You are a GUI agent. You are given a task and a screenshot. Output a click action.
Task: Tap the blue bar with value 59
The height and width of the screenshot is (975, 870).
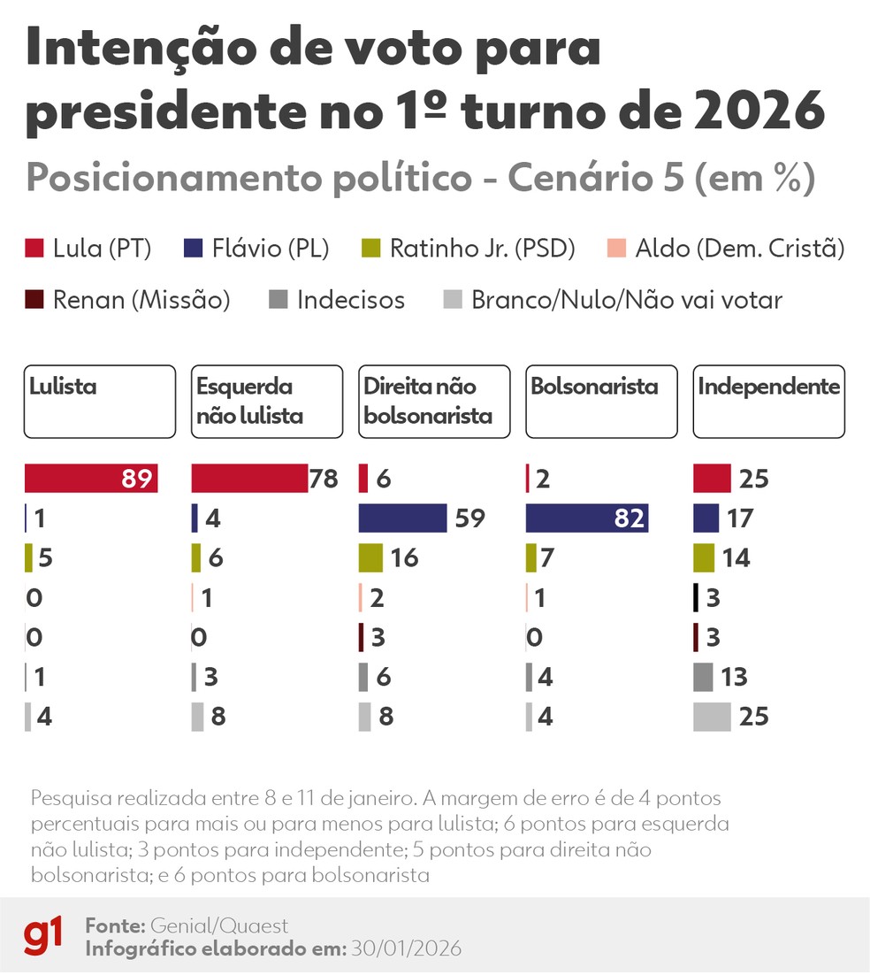click(x=402, y=518)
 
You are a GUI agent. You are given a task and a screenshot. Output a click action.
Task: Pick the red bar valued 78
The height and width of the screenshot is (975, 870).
click(x=248, y=479)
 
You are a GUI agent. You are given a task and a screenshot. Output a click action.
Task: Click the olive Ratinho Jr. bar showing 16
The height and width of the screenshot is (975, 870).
click(x=370, y=558)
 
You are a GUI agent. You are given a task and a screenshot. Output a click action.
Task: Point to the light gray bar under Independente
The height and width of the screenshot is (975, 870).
click(x=712, y=716)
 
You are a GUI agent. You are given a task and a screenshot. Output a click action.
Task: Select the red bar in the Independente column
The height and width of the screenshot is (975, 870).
click(x=712, y=479)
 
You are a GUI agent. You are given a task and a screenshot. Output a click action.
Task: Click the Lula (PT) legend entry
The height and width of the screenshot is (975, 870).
click(x=88, y=249)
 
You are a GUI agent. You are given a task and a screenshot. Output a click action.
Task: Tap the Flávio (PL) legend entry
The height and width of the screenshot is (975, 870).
click(x=256, y=249)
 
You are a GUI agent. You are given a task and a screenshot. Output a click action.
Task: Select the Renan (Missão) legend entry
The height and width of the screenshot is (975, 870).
click(x=128, y=300)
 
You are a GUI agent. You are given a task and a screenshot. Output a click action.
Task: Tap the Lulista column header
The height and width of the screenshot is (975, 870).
click(x=99, y=401)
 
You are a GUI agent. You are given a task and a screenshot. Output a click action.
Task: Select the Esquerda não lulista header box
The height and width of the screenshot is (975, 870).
click(x=266, y=401)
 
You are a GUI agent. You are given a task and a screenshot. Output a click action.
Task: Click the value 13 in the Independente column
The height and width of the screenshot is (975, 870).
click(x=734, y=678)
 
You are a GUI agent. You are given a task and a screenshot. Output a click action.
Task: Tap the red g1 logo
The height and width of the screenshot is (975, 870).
click(x=42, y=936)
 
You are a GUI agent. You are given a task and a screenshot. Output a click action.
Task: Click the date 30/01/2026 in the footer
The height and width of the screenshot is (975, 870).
click(x=407, y=948)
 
